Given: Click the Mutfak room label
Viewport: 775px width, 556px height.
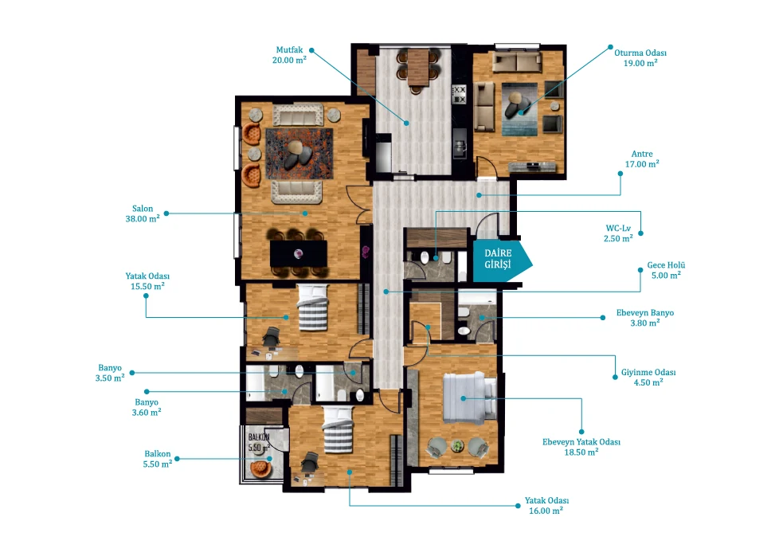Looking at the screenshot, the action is click(290, 50).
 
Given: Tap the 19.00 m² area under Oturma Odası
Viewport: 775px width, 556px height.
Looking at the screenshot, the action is click(640, 63).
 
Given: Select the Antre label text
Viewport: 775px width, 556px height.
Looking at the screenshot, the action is click(642, 154).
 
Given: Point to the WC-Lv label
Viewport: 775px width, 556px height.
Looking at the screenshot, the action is click(618, 229).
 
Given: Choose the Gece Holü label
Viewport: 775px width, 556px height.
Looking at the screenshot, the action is click(666, 265).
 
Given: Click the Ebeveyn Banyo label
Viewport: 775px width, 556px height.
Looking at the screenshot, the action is click(645, 313).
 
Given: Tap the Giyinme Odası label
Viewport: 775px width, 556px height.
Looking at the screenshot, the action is click(648, 372).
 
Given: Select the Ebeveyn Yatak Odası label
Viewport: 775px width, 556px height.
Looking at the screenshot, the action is click(581, 442).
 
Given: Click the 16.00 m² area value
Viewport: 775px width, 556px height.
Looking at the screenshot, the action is click(546, 511).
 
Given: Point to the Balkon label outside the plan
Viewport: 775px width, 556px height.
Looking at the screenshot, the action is click(157, 454).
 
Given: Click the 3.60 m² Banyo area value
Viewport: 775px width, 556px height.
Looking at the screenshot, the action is click(147, 412).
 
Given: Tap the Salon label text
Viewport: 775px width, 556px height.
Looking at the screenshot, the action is click(143, 209).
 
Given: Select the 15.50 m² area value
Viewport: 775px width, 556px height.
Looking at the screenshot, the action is click(147, 286).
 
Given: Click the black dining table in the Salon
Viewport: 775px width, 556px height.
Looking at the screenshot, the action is click(299, 253).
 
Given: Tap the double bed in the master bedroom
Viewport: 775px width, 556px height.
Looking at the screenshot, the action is click(470, 397).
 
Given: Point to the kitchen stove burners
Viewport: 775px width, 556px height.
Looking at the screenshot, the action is click(459, 95).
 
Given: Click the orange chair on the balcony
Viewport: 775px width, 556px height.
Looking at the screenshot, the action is click(261, 468).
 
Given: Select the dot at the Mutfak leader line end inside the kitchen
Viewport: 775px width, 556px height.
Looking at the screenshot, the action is click(406, 123).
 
